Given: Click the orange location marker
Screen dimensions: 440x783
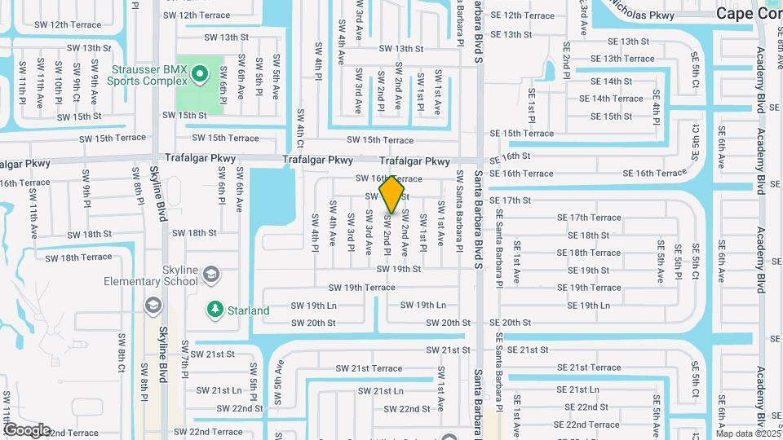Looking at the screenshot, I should click(392, 195).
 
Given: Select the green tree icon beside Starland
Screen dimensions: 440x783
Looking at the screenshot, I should click(215, 310).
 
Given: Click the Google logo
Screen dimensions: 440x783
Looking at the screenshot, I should click(27, 429).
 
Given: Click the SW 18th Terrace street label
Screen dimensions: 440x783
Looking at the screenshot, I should click(78, 257).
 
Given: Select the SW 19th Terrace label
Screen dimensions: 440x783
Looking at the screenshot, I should click(361, 288).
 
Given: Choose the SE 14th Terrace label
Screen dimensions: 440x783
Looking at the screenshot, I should click(612, 99).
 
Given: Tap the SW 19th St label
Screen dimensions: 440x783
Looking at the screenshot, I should click(400, 269).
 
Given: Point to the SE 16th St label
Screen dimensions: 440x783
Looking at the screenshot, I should click(511, 156).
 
